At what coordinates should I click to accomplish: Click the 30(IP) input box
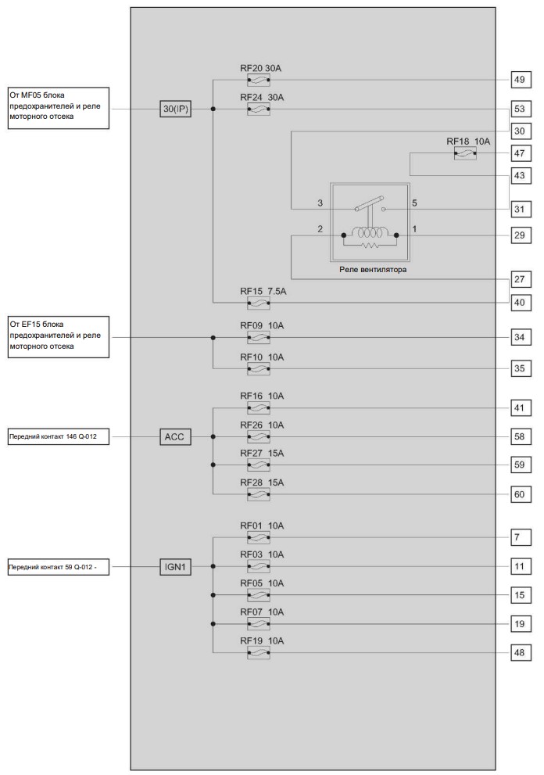pos(175,109)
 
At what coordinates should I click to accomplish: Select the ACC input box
pos(175,437)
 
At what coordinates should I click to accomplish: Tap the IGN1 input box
pos(175,567)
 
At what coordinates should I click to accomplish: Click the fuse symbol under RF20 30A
pos(259,80)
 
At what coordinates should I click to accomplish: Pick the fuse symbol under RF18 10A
pos(465,154)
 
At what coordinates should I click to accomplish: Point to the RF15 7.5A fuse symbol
pos(259,303)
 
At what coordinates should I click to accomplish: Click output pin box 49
pos(520,80)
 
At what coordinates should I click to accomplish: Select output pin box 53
pos(520,109)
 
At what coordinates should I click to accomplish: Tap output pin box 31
pos(520,209)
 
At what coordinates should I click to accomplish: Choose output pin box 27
pos(520,279)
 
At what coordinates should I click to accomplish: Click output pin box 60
pos(520,494)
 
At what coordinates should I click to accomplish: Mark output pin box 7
pos(520,537)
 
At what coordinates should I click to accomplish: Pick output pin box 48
pos(520,653)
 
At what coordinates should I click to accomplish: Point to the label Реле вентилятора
pos(373,270)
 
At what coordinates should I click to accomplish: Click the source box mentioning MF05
pos(59,108)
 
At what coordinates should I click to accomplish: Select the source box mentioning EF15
pos(59,337)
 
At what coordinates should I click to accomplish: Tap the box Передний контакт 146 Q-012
pos(59,437)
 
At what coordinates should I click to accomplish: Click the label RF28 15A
pos(262,483)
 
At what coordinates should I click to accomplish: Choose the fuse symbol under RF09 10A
pos(259,338)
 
